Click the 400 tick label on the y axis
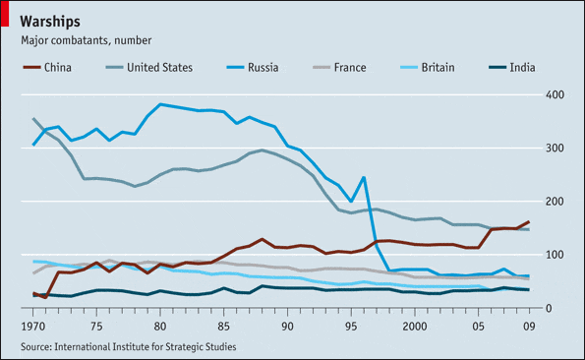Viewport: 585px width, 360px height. coord(557,94)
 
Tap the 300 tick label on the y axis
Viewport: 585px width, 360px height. coord(557,148)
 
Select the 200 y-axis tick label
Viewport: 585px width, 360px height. coord(557,201)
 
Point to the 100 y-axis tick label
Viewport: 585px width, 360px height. coord(557,255)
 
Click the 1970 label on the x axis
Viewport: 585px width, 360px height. coord(34,326)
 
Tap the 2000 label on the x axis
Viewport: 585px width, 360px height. coord(414,326)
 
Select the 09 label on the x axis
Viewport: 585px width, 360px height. coord(528,326)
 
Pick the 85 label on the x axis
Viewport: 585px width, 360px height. coord(223,326)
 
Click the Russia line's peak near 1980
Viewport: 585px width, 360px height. coord(160,104)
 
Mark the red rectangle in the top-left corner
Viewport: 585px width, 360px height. coord(4,13)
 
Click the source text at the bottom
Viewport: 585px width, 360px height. coord(128,346)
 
